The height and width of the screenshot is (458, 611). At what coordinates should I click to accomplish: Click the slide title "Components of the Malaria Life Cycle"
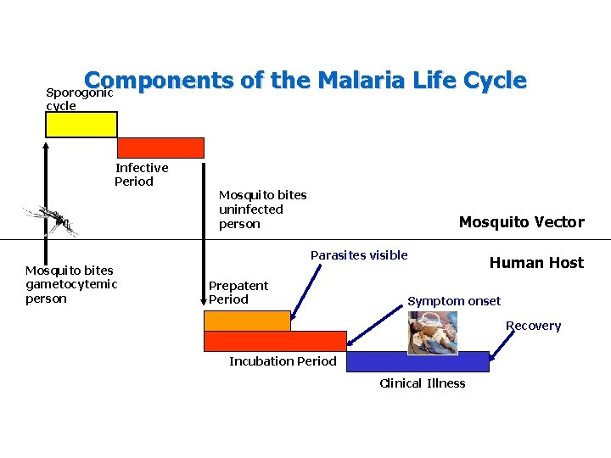(x=305, y=81)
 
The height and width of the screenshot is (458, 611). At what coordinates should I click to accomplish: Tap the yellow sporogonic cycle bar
(x=81, y=125)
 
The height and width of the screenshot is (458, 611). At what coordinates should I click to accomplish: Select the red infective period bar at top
(x=160, y=148)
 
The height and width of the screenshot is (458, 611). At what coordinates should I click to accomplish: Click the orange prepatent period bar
(x=247, y=321)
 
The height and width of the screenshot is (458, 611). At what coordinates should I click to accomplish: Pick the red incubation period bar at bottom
(x=275, y=341)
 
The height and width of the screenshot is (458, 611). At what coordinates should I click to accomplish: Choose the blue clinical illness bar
(x=418, y=362)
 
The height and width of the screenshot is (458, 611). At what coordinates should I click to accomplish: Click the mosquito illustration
(x=52, y=221)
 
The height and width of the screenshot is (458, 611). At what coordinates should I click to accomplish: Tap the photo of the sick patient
(x=432, y=332)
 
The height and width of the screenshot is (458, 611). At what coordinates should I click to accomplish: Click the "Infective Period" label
(x=141, y=175)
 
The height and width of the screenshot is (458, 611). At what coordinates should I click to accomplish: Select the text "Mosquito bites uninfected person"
(x=262, y=209)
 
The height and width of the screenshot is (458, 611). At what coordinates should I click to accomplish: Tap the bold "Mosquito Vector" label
(x=521, y=222)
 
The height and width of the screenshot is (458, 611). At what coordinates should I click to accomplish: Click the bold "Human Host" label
(x=536, y=263)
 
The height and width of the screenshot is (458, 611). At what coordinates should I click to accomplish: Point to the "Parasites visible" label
(x=359, y=255)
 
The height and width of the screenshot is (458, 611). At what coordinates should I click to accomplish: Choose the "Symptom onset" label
(x=454, y=301)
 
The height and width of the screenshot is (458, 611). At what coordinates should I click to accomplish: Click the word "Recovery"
(x=533, y=326)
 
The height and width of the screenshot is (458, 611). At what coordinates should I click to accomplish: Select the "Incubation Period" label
(x=283, y=361)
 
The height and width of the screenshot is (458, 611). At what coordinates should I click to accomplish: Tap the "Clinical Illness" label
(x=422, y=383)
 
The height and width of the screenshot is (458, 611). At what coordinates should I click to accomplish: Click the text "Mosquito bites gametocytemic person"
(x=71, y=284)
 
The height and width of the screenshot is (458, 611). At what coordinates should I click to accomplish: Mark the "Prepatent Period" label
(x=238, y=293)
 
